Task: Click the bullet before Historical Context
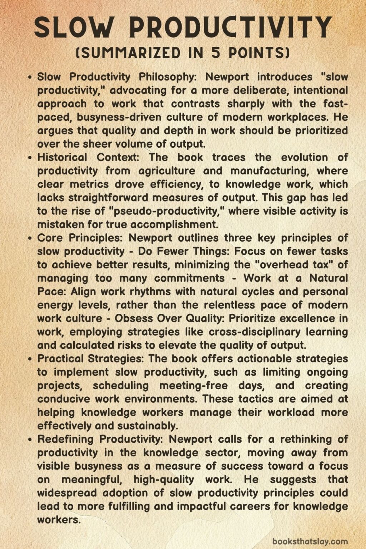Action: [x=31, y=158]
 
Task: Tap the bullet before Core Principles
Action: [x=31, y=238]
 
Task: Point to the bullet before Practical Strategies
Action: [x=31, y=358]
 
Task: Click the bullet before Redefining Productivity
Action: [x=31, y=439]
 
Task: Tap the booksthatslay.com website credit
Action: [x=310, y=541]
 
